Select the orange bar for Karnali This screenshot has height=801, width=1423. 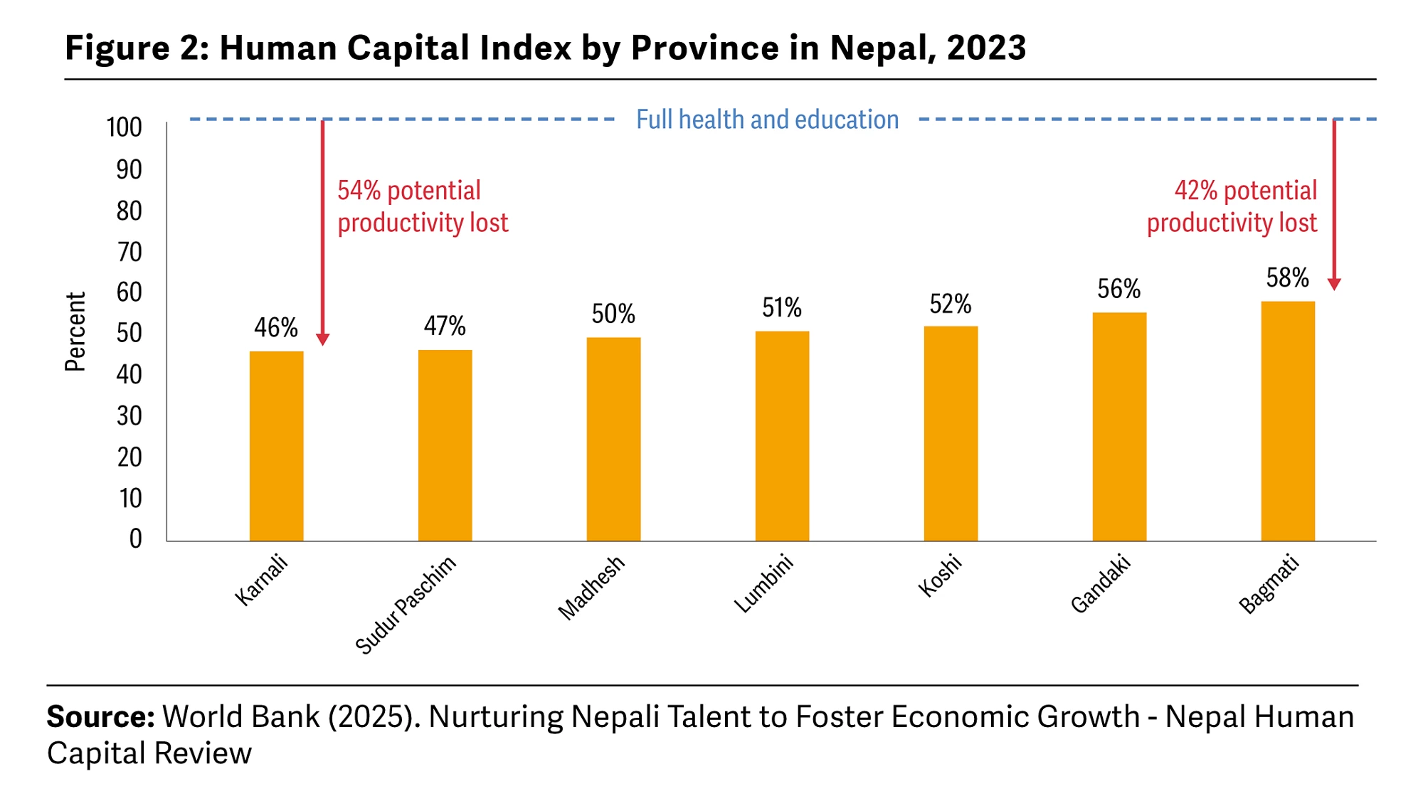276,446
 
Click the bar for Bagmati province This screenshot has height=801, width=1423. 1288,421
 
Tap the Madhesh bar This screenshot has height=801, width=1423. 613,439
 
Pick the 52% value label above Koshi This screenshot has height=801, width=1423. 951,304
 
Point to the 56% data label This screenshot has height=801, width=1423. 1118,289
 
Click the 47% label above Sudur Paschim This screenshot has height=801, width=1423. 445,326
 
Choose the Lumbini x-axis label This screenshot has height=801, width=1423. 763,583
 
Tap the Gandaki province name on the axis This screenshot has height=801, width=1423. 1101,584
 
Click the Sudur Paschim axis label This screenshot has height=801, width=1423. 406,605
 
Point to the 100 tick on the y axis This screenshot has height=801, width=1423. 125,127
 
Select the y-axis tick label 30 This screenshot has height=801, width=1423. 129,415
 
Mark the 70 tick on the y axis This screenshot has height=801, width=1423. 129,252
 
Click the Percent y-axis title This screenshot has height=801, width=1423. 75,331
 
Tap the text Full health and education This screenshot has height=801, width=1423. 767,120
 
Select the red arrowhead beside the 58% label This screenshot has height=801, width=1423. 1334,284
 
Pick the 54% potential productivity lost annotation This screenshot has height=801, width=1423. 423,206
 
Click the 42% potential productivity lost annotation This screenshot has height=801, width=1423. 1232,206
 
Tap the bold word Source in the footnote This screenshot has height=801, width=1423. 100,716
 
